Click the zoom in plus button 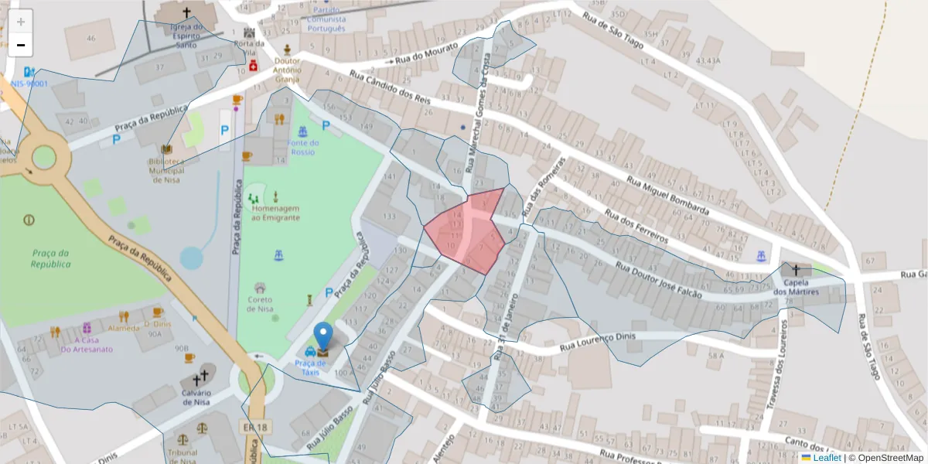21,22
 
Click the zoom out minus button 21,46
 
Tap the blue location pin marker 323,337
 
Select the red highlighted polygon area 466,230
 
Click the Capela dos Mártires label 796,286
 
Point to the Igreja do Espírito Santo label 186,30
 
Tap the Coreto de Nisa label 260,304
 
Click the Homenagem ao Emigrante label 276,213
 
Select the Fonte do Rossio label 304,147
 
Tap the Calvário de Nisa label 196,395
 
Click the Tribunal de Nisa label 183,456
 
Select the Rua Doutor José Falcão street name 658,279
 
